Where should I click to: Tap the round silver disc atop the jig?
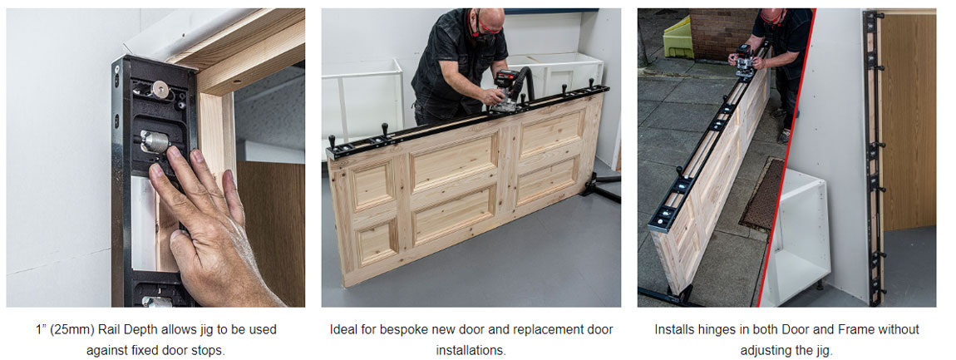(160, 88)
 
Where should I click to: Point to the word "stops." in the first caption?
(209, 352)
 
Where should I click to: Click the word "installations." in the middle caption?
(471, 352)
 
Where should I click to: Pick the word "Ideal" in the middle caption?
(342, 330)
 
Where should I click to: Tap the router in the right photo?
(746, 61)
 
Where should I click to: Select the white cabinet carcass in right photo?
(796, 235)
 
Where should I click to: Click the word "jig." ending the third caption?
(822, 352)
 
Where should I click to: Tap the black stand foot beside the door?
(600, 186)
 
